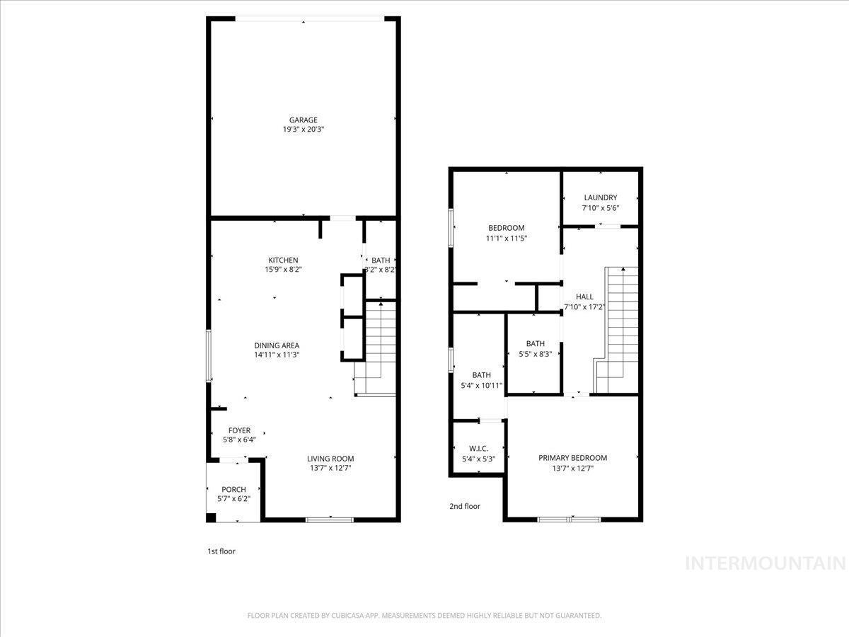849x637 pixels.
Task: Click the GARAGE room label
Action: [304, 120]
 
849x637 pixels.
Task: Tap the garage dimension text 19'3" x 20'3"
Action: [304, 130]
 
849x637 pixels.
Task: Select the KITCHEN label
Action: [283, 260]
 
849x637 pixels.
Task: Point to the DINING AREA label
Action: [277, 345]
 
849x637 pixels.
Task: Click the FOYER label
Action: [239, 430]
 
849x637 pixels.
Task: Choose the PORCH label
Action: [233, 489]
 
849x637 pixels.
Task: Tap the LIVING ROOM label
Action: [330, 459]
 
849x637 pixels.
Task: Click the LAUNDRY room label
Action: [600, 197]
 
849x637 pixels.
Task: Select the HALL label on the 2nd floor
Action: [584, 297]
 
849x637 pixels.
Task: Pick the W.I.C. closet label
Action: [478, 449]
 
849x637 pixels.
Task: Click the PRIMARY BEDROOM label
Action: [572, 458]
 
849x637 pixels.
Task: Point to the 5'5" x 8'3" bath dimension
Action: [536, 353]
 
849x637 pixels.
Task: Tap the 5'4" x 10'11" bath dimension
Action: [482, 385]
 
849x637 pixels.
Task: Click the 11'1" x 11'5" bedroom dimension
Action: [507, 239]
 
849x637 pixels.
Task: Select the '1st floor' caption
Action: [221, 551]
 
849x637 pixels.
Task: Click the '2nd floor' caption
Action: [465, 506]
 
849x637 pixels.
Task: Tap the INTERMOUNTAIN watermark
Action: [766, 563]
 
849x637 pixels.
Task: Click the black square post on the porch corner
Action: [211, 517]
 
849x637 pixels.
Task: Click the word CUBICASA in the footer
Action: [347, 615]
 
